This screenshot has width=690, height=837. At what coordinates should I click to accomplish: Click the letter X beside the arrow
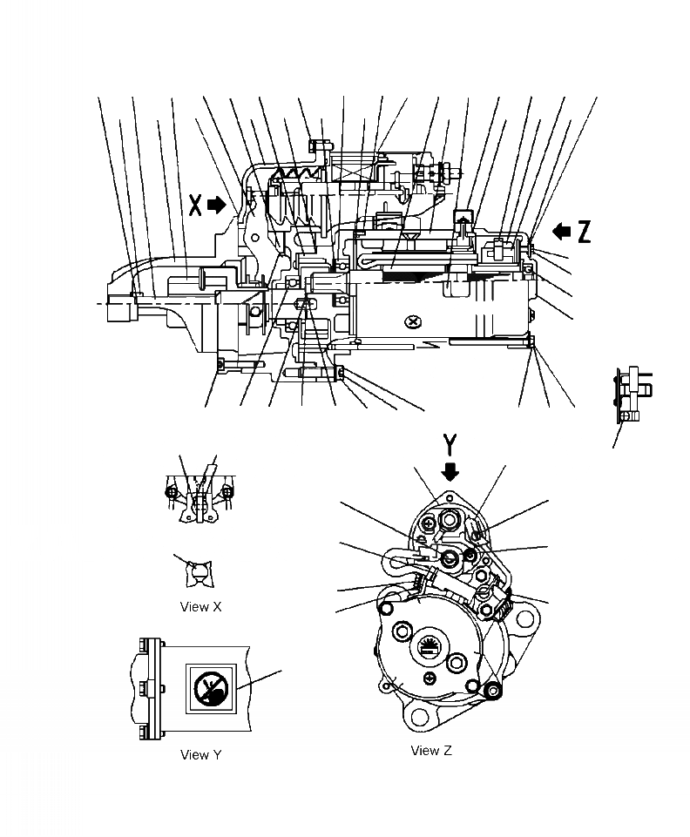click(x=196, y=205)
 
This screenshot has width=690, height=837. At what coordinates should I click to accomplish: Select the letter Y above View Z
click(x=450, y=445)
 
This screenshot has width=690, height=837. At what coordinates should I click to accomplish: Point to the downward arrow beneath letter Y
click(x=450, y=471)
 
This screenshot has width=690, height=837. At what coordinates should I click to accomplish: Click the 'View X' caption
click(x=200, y=606)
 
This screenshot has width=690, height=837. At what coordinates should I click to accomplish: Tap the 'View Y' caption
click(x=200, y=754)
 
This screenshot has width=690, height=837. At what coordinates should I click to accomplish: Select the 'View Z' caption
click(x=430, y=750)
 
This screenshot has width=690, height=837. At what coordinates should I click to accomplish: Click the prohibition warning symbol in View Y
click(x=208, y=691)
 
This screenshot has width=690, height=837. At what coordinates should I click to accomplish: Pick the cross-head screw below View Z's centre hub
click(x=430, y=677)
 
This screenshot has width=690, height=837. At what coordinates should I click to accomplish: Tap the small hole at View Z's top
click(x=450, y=500)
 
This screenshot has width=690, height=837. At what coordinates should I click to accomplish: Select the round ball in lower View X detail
click(x=200, y=572)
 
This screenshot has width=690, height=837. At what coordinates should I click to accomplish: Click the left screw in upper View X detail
click(x=172, y=493)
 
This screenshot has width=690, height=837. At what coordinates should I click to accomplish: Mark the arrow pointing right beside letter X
click(x=218, y=205)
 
